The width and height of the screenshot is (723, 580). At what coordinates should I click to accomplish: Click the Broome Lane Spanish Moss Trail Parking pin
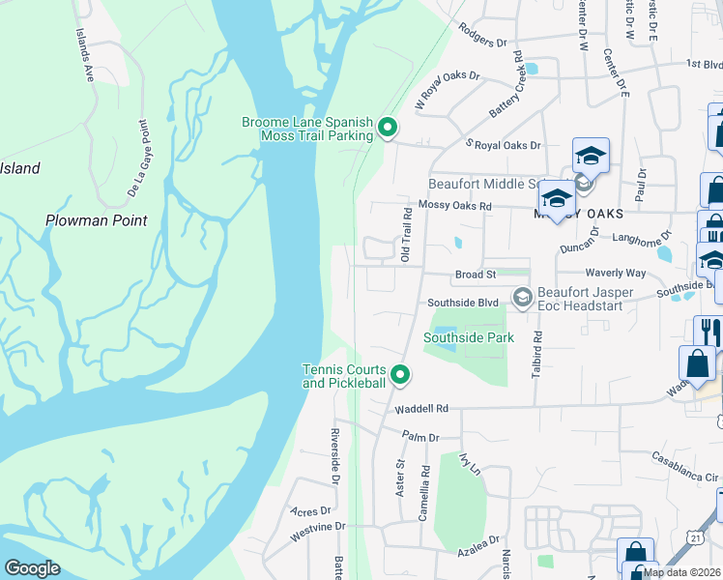[388, 127]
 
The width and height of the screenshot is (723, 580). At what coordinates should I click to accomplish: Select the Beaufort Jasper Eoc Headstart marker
[523, 297]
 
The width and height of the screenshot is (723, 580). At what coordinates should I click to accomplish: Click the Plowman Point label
[97, 220]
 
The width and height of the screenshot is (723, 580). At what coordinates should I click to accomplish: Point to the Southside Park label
[469, 337]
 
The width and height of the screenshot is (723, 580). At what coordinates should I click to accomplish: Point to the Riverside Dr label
[335, 454]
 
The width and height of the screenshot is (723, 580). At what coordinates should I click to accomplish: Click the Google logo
[32, 568]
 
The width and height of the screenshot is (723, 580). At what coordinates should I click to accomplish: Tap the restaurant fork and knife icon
[707, 330]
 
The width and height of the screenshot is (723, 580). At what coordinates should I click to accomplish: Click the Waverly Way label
[614, 274]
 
